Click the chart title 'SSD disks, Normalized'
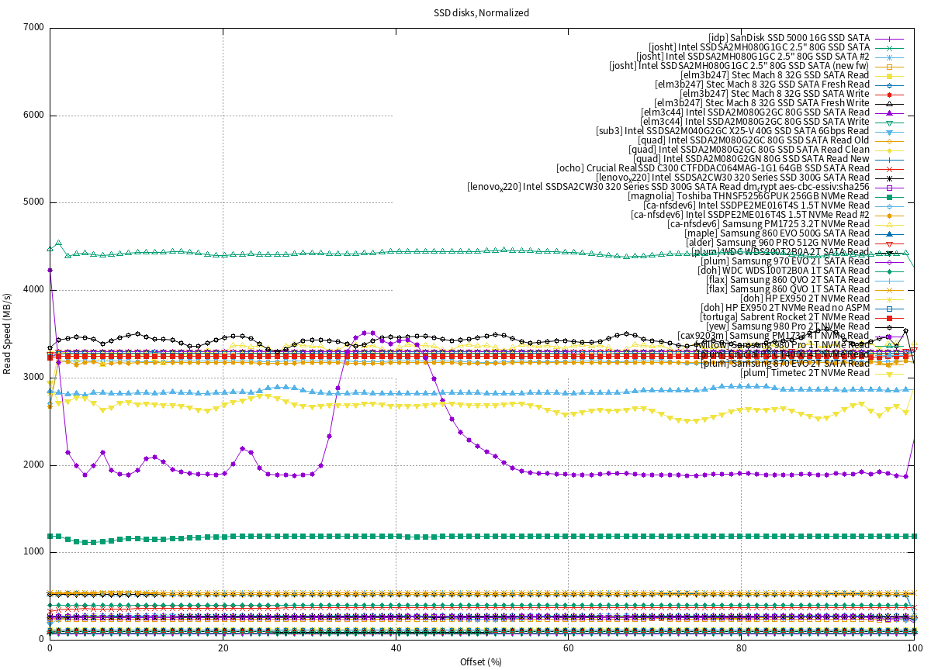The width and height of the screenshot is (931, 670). [x=482, y=13]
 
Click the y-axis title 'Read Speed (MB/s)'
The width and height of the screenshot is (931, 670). [x=8, y=333]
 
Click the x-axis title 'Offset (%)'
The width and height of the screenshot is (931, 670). [x=482, y=661]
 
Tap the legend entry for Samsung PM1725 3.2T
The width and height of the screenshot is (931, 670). [x=768, y=224]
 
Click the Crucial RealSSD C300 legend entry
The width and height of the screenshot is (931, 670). [x=713, y=168]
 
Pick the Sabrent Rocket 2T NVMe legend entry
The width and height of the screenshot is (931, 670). [x=784, y=317]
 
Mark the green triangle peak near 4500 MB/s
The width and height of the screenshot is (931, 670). [x=58, y=243]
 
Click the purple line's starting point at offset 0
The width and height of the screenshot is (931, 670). [x=50, y=270]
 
